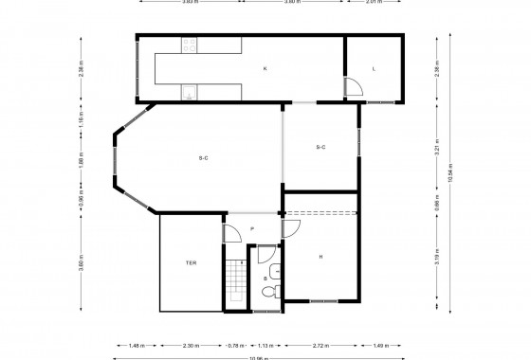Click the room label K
[265, 68]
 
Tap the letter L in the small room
[374, 68]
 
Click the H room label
[320, 256]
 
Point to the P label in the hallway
[251, 229]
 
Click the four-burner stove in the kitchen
[190, 44]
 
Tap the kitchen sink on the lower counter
[190, 92]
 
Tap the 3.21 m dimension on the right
[436, 147]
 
